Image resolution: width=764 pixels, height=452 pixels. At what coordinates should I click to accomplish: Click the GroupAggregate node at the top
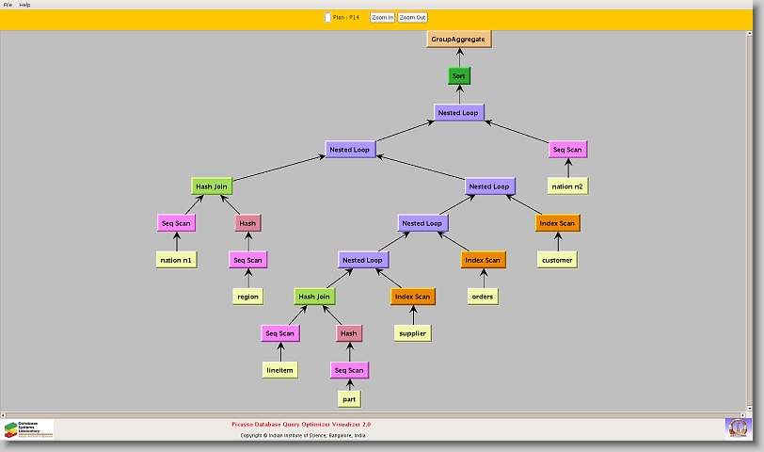pos(459,39)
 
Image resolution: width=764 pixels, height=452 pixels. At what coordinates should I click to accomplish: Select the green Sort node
pos(459,75)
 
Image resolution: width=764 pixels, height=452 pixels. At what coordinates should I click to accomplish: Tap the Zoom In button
pos(382,17)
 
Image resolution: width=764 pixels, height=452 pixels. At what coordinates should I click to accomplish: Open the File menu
pos(8,5)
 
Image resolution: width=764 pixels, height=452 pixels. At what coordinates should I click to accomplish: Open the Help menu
pos(24,5)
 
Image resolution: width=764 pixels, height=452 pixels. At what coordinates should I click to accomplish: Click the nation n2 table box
pos(567,186)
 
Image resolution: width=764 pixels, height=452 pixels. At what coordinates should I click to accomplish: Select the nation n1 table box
pos(176,260)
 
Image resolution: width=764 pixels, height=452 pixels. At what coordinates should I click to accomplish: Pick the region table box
pos(247,297)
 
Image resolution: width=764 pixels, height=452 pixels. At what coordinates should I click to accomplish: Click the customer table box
pos(557,260)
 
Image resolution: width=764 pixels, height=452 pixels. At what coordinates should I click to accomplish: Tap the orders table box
pos(482,297)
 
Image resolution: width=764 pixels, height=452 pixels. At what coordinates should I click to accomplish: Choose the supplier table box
pos(412,333)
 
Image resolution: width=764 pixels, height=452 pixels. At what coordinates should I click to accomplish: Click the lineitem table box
pos(280,370)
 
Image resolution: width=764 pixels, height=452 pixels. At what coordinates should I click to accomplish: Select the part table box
pos(349,399)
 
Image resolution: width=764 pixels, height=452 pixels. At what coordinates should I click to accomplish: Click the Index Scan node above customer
pos(557,223)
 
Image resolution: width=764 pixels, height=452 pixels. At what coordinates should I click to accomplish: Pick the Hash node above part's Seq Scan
pos(349,333)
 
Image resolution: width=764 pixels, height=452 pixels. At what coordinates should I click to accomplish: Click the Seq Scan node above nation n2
pos(567,150)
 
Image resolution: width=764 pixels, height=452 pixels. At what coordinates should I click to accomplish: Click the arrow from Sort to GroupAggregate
pos(459,57)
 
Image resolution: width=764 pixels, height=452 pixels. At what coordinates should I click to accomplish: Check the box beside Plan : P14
pos(327,17)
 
